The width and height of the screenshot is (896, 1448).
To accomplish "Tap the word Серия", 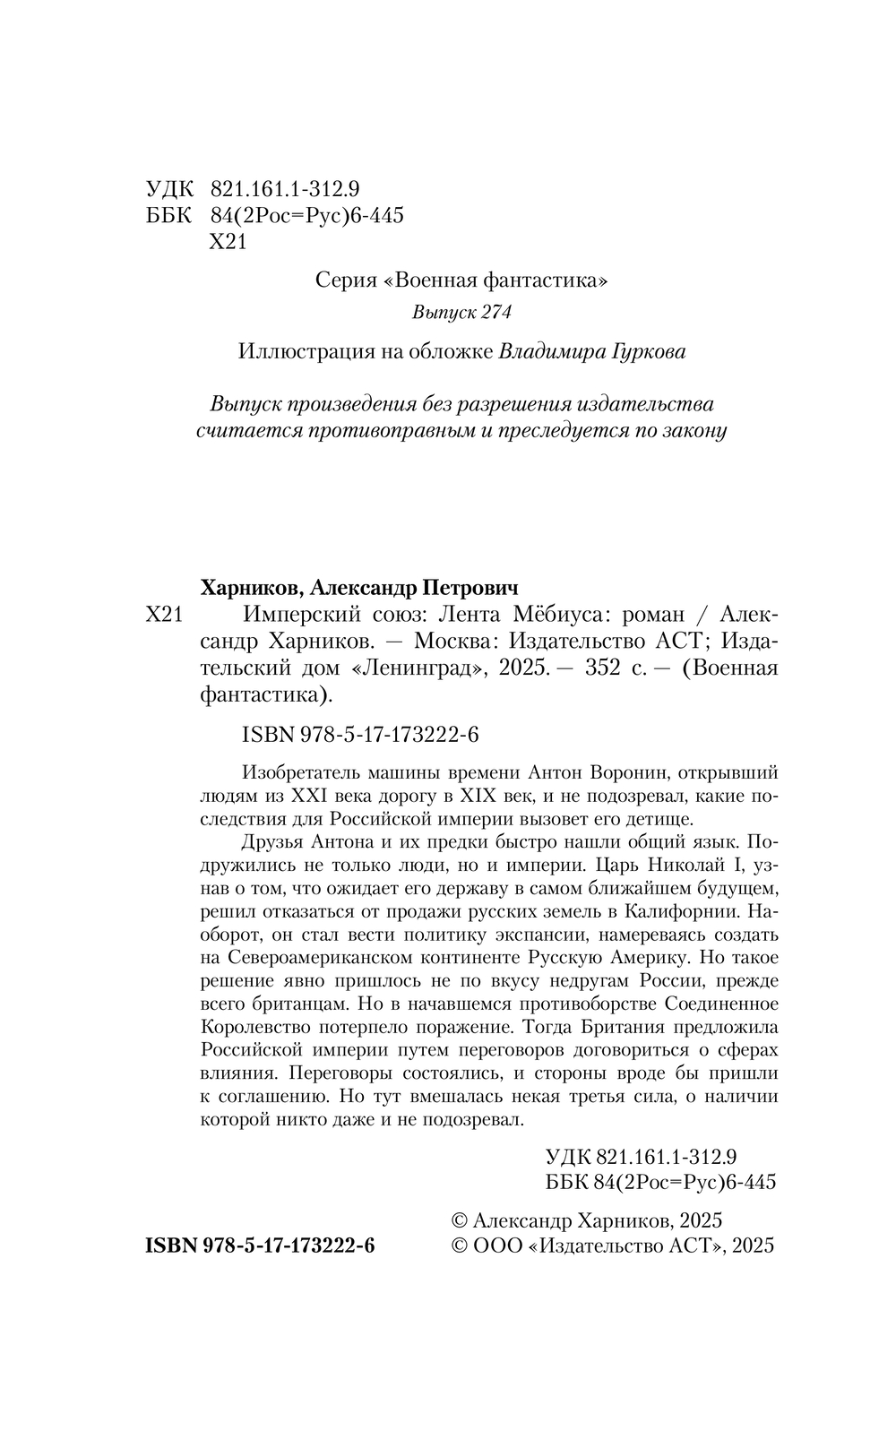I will click(346, 280).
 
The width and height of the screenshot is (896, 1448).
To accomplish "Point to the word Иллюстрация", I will click(306, 351).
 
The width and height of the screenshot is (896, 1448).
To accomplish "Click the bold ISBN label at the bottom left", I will click(172, 1246).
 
